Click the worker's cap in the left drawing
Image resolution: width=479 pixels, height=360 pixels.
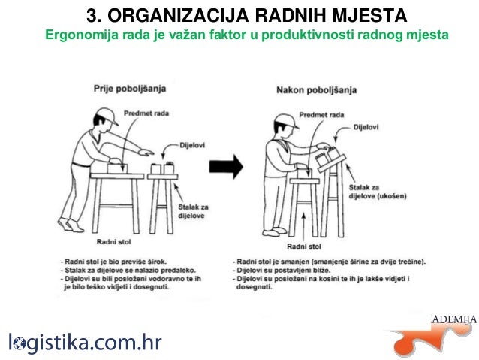coord(108,115)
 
